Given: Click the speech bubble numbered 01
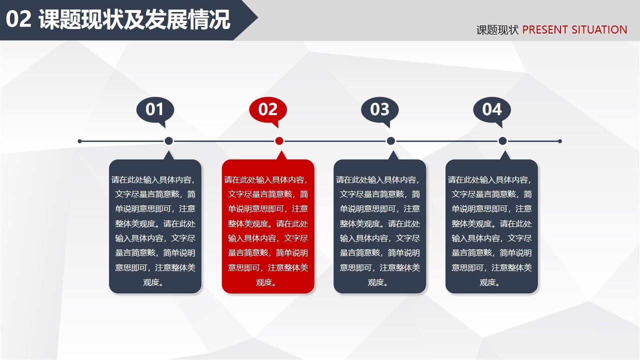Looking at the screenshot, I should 155,109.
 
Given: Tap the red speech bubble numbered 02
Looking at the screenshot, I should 268,109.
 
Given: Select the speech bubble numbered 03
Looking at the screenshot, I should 380,109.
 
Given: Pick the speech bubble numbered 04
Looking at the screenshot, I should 492,109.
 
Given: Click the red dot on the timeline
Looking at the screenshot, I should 279,141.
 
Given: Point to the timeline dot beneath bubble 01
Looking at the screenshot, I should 168,141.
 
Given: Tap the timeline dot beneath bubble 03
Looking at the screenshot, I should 391,141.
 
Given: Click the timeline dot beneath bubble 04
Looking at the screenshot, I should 502,141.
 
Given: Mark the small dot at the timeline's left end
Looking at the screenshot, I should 80,141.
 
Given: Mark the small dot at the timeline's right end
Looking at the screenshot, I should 560,141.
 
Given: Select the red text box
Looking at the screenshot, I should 268,226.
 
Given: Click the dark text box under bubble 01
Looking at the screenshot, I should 155,226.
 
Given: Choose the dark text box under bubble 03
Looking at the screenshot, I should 380,226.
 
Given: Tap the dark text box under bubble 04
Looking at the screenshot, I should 491,226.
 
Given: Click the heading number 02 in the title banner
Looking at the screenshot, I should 19,20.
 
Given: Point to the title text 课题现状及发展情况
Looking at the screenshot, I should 134,20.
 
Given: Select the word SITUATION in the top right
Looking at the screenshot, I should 599,30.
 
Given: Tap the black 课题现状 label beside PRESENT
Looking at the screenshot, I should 497,30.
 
